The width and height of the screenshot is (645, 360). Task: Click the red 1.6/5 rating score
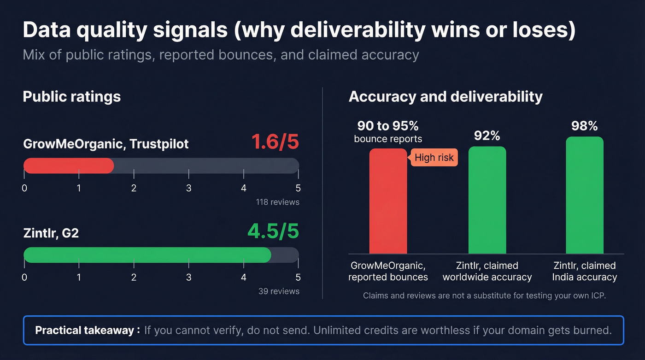(x=275, y=142)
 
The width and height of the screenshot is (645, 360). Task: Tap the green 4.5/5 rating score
(x=273, y=231)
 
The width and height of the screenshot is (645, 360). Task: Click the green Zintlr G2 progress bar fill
(x=147, y=255)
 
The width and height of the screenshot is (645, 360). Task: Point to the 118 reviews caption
(x=277, y=202)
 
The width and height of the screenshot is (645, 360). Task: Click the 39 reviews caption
(x=279, y=291)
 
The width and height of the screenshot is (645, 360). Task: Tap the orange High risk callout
(x=434, y=158)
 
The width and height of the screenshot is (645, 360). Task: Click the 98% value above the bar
(x=584, y=126)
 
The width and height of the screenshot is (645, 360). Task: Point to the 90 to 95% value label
(x=388, y=126)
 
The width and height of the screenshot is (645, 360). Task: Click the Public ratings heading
(x=71, y=96)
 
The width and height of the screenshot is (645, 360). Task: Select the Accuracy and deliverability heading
(x=445, y=96)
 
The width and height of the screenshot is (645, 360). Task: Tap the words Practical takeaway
(x=85, y=330)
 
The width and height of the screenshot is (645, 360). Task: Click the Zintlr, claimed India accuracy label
(x=584, y=271)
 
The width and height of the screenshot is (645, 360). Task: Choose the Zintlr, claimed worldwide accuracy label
(x=487, y=271)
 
